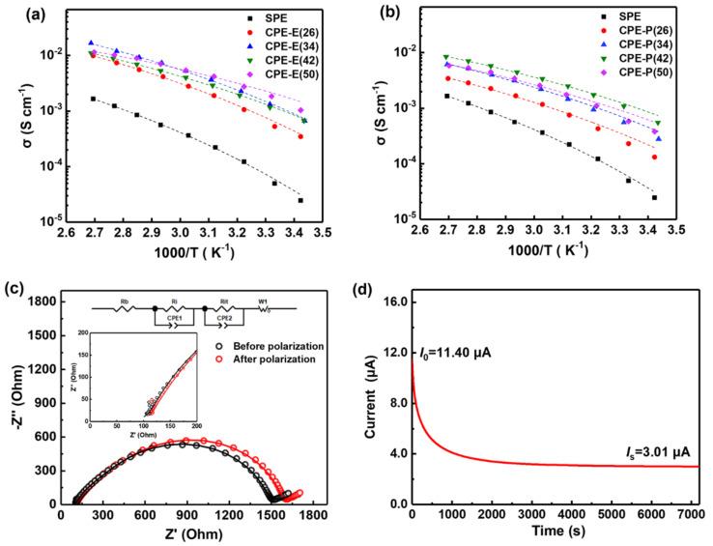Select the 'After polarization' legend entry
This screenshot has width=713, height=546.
tap(270, 359)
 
